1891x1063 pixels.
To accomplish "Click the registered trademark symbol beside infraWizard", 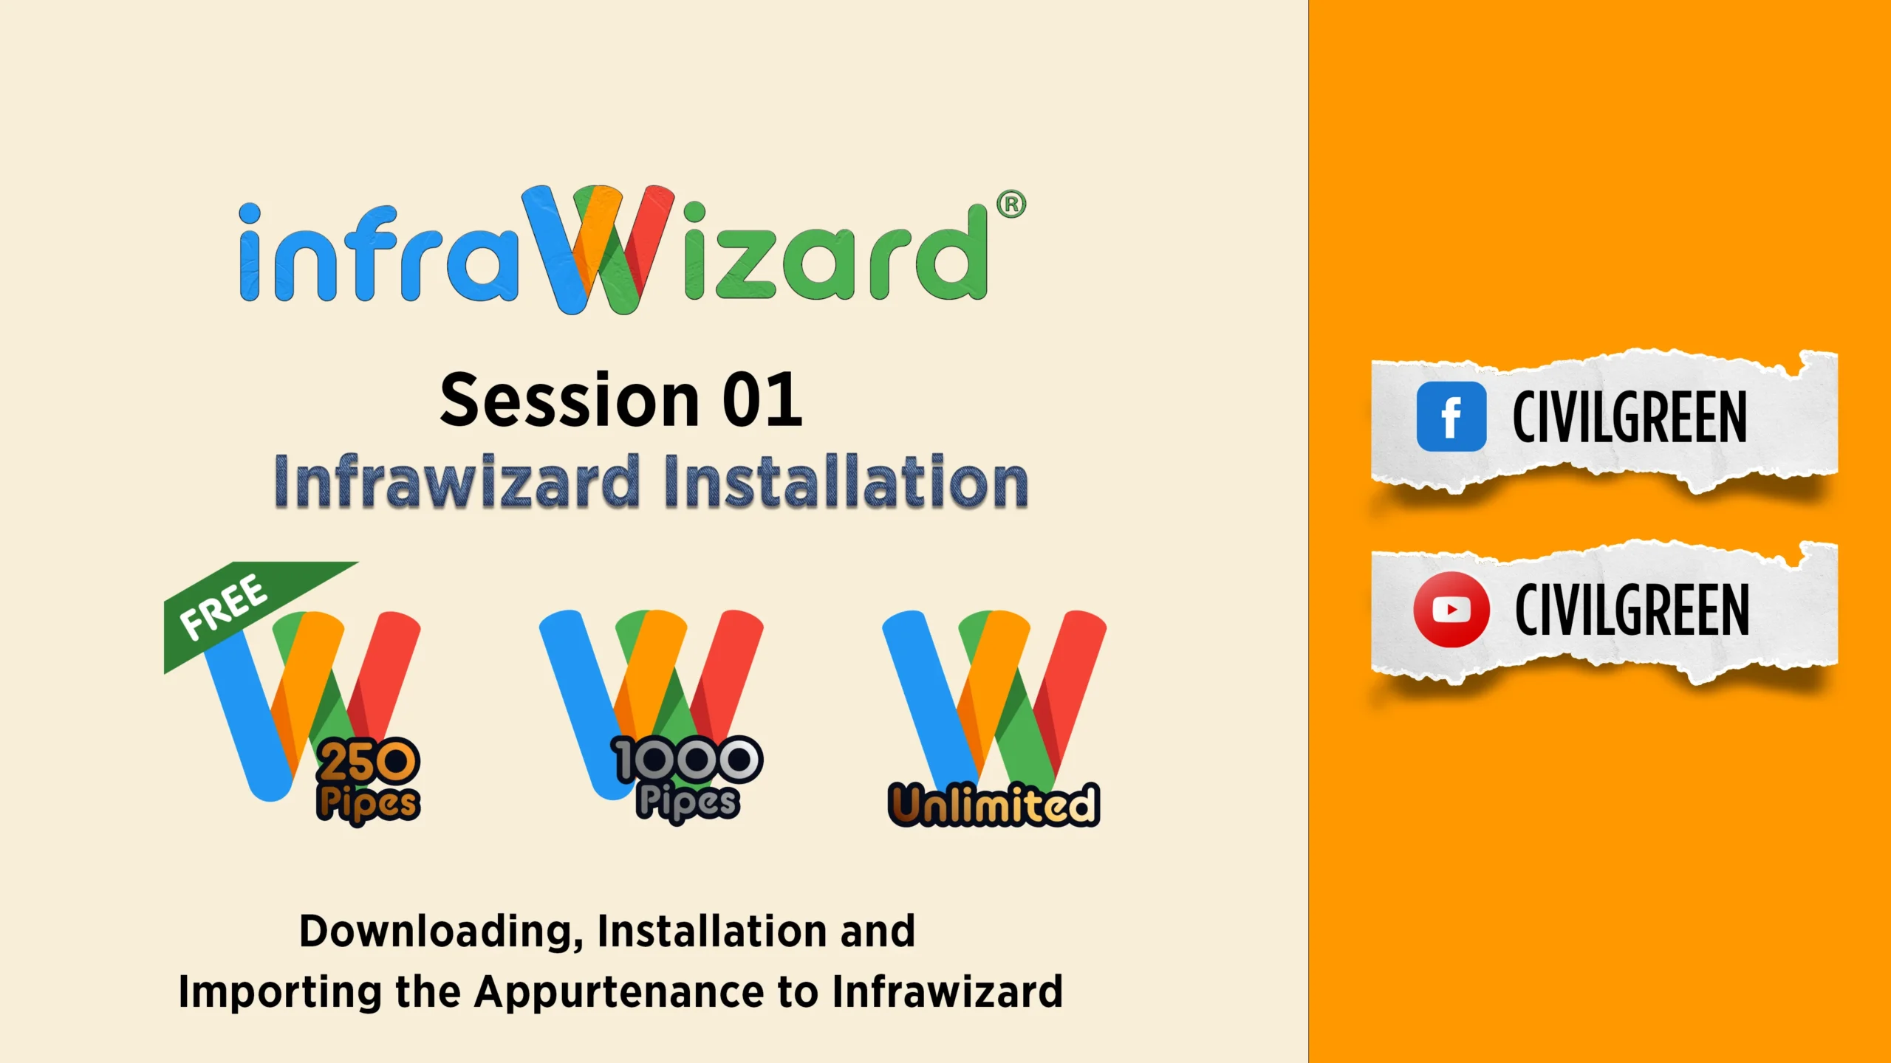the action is (1011, 204).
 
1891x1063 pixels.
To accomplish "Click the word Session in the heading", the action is (570, 400).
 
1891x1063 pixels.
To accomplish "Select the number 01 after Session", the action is (762, 400).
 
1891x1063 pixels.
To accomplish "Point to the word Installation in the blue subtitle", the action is (846, 481).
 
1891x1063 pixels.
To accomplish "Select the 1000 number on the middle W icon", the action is (688, 760).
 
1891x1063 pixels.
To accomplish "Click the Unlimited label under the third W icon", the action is (994, 804).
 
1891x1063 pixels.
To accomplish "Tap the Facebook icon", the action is (1451, 416).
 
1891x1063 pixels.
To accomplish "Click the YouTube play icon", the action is (1451, 610).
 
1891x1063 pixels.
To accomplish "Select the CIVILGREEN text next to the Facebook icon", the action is (1630, 417).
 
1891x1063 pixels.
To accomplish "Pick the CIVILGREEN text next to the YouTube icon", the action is (1632, 609).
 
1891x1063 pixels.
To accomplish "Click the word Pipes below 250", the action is (368, 803).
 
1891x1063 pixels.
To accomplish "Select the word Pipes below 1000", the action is (688, 802).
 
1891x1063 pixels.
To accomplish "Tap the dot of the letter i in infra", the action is (250, 214).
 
